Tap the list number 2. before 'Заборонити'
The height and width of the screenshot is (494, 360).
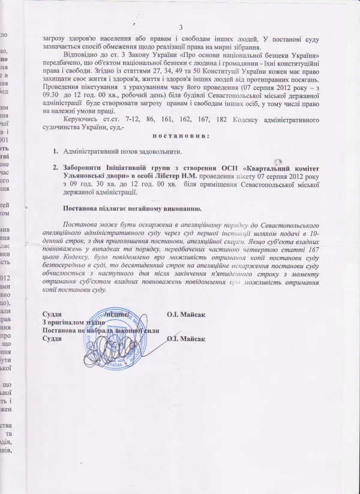pos(55,170)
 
